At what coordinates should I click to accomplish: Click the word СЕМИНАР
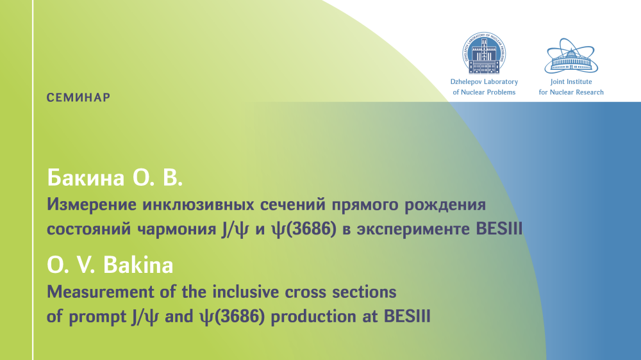[78, 97]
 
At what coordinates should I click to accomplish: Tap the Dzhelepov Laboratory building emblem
[484, 53]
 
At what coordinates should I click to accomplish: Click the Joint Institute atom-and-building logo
[571, 56]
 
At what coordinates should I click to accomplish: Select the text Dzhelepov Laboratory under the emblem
[484, 82]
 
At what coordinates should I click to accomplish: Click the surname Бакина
[86, 178]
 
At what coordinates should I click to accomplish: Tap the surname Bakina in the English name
[138, 265]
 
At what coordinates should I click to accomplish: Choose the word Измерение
[92, 204]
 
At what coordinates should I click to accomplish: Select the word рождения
[445, 205]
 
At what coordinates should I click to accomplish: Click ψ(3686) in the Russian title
[304, 229]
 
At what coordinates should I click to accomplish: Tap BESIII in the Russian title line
[499, 229]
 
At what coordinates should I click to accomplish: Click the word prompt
[97, 317]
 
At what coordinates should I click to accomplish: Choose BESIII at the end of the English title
[407, 316]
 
